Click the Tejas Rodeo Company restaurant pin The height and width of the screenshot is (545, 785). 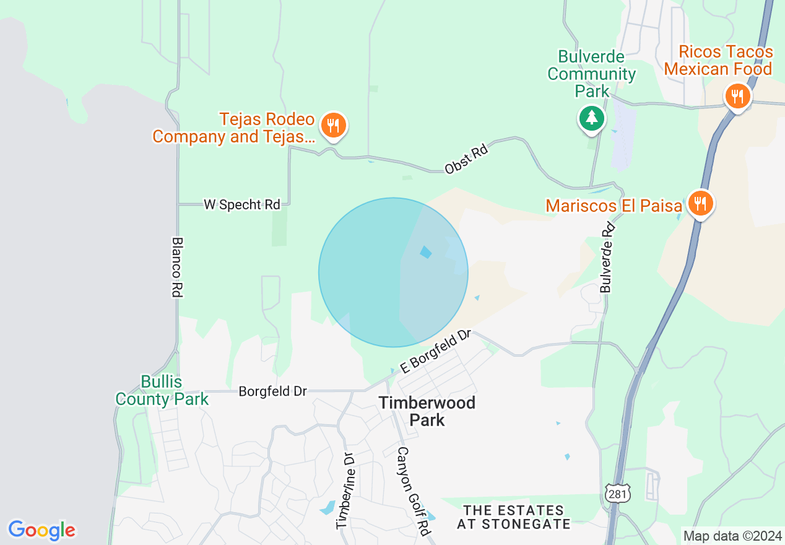pos(333,126)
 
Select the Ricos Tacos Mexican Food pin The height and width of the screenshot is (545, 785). pos(737,97)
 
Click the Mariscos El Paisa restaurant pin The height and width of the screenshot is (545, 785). pos(700,203)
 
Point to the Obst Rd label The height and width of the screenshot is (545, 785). pos(466,159)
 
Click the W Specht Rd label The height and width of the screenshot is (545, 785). pos(242,204)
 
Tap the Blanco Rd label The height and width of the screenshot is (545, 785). pos(177,267)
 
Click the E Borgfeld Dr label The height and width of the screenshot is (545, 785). pos(436,352)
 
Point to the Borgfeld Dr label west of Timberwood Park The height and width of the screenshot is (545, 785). pos(273,391)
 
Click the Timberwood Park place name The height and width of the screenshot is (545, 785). pos(427,411)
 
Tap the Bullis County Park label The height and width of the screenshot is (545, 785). pos(162,390)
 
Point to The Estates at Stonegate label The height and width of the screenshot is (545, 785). pos(514,517)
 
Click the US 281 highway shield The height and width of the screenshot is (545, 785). pos(618,493)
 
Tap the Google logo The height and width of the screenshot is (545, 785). pos(42,530)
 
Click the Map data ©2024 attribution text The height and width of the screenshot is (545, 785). pos(732,536)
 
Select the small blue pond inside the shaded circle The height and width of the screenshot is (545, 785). pos(425,252)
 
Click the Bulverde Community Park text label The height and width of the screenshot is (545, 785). pos(591,74)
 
